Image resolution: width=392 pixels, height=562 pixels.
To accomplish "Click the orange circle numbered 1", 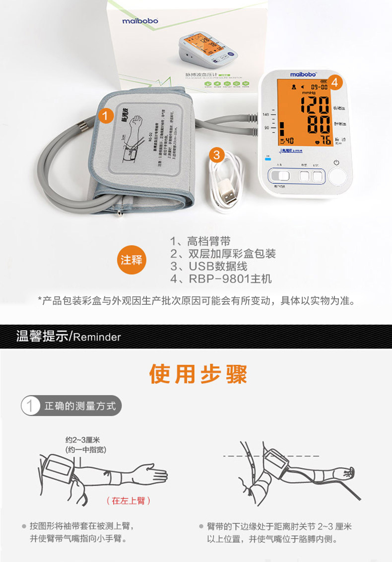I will [105, 116].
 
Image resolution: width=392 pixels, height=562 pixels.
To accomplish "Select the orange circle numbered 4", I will [335, 83].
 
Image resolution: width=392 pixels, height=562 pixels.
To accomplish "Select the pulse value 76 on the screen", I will [325, 141].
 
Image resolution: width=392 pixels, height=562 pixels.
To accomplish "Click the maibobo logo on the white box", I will [140, 21].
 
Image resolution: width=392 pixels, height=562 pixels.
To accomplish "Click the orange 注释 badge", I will [131, 260].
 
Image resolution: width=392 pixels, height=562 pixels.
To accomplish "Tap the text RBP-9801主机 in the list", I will [230, 279].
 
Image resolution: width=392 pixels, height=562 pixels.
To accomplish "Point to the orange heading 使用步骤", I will [198, 375].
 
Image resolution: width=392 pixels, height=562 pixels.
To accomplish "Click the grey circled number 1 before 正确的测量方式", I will [30, 406].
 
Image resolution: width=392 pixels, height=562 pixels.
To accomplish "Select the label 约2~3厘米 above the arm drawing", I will [83, 440].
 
